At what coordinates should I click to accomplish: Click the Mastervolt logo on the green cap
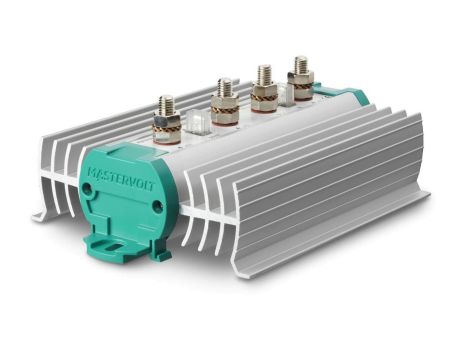click(x=121, y=179)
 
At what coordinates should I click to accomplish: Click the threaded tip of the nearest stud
click(x=166, y=104)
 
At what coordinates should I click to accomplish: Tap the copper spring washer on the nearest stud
click(x=166, y=130)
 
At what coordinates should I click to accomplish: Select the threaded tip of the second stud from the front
click(x=224, y=86)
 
